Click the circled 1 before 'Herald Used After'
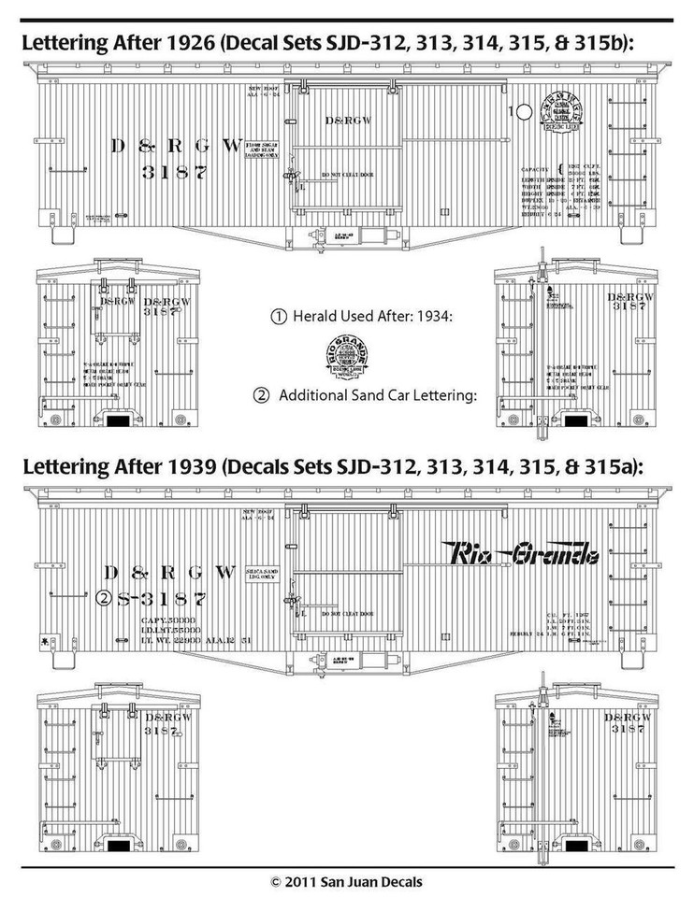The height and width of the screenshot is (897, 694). (277, 317)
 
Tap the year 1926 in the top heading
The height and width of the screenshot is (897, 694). (154, 44)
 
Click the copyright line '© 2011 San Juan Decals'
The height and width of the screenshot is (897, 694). (346, 881)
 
